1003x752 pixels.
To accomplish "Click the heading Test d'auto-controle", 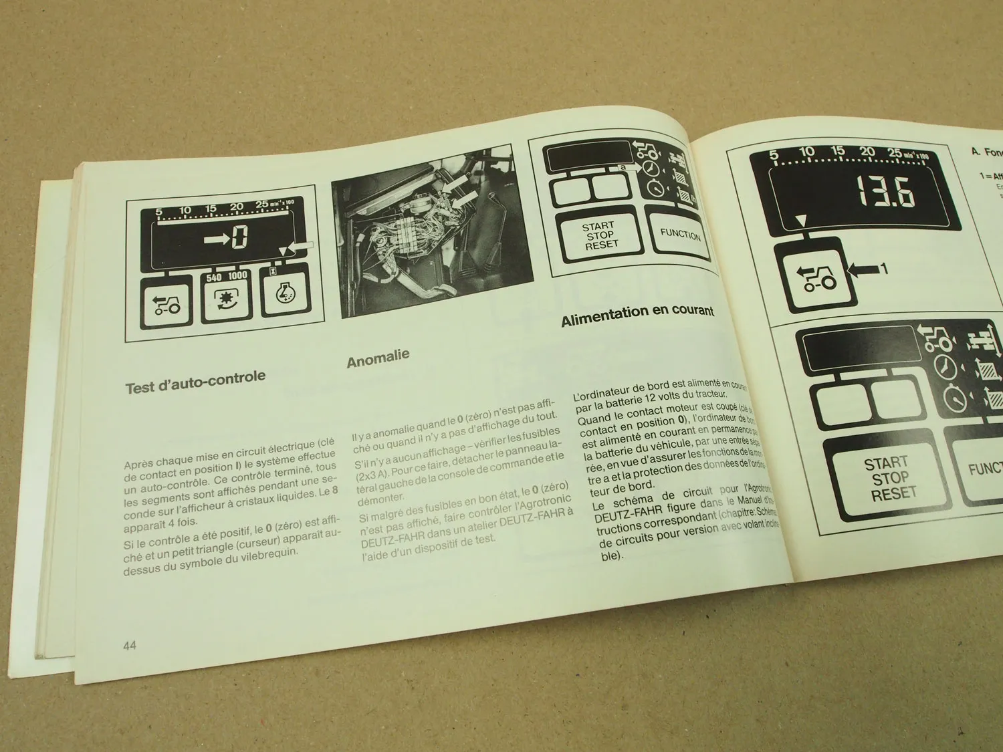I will pyautogui.click(x=195, y=381).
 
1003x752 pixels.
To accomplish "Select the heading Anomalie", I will pyautogui.click(x=378, y=359).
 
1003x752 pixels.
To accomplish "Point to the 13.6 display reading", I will pyautogui.click(x=886, y=193).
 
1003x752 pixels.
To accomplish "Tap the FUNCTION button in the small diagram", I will pyautogui.click(x=680, y=235).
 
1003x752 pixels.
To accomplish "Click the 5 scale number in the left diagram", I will pyautogui.click(x=158, y=213).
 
